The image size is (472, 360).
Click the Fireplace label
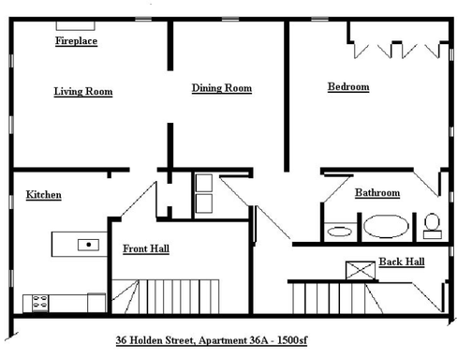point(76,42)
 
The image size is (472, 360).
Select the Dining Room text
point(222,88)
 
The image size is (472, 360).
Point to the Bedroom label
point(347,87)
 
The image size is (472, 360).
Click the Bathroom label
point(377,193)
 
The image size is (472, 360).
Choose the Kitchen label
point(44,195)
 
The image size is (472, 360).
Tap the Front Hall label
point(146,249)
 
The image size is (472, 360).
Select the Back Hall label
point(402,262)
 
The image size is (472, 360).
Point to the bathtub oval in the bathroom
point(386,226)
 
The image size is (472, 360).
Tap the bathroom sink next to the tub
point(339,229)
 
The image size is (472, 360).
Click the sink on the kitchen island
point(88,244)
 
